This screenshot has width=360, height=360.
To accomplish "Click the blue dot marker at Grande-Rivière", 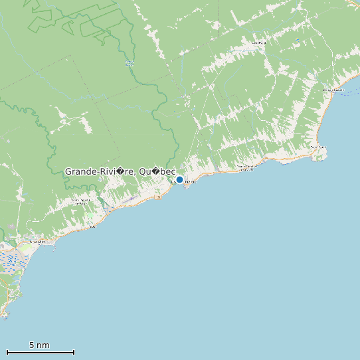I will [x=179, y=179].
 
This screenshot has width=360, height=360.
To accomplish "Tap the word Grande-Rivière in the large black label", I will [x=98, y=171].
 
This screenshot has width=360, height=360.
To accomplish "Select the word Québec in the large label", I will [x=157, y=171].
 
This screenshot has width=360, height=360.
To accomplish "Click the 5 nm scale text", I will [x=39, y=345].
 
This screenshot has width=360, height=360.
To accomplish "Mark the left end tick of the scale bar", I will [x=7, y=352].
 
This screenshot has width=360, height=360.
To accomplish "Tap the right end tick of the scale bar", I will [x=74, y=352].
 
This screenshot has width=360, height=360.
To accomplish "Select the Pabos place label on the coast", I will [x=92, y=226].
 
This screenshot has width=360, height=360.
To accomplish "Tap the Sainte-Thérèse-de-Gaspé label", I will [x=246, y=167].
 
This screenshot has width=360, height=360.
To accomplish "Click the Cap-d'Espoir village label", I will [x=317, y=147].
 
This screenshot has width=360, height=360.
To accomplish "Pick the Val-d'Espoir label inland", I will [x=258, y=43].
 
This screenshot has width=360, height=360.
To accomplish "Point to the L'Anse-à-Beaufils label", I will [x=331, y=89].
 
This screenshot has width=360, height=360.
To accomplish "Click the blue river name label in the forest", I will [x=128, y=64].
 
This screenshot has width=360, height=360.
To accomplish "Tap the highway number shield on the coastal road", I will [x=158, y=197].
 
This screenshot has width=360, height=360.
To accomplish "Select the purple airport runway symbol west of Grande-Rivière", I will [x=132, y=198].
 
